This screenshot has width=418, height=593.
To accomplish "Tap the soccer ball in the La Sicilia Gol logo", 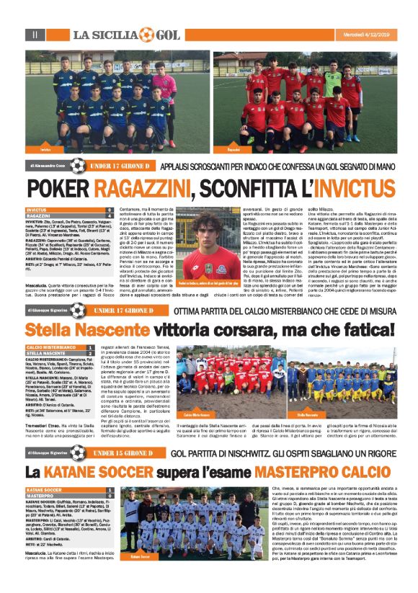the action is pyautogui.click(x=146, y=34).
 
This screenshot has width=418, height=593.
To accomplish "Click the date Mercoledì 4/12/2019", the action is pyautogui.click(x=366, y=34).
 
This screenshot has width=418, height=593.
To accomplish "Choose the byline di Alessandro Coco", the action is pyautogui.click(x=48, y=165).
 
